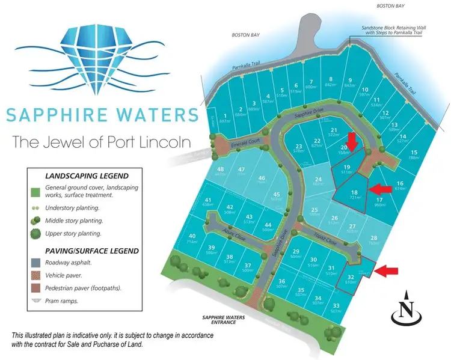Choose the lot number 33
click(336, 305)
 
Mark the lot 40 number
click(192, 236)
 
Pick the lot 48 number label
click(221, 169)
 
